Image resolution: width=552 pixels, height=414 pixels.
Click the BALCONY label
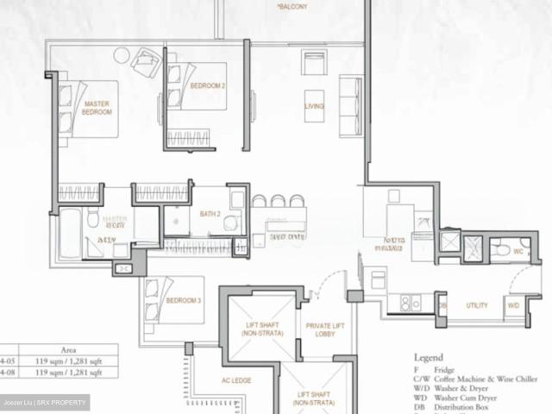pos(292,7)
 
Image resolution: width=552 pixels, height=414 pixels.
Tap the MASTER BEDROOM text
pos(97,108)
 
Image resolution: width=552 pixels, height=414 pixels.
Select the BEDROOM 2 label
pos(208,86)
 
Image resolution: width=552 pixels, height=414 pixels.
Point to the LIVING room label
pos(314,106)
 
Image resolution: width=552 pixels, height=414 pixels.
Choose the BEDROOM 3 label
pos(184,300)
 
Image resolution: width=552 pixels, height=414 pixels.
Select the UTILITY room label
pos(477,305)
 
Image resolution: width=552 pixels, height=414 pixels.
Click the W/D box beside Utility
pos(513,305)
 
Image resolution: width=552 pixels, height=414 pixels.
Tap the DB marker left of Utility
pos(442,305)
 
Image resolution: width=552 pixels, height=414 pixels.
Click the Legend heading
pos(428,357)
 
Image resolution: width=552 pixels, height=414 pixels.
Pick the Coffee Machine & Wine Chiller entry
pos(492,379)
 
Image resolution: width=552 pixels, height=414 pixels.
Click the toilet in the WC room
pos(503,250)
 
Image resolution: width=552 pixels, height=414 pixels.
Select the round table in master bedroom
pos(121,55)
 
